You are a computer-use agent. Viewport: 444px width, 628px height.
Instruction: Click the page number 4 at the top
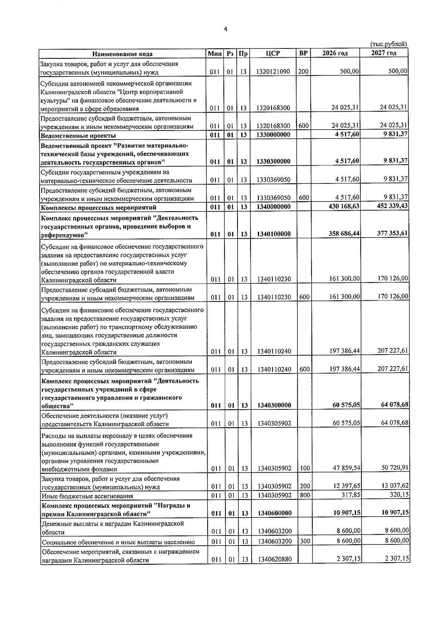point(226,30)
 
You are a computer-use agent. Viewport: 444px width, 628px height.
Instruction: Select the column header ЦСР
point(273,54)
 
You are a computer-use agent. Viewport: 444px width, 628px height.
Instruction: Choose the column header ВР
point(303,53)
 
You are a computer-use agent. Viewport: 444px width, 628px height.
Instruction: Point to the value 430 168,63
point(344,206)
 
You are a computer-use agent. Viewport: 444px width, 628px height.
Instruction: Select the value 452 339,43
point(392,206)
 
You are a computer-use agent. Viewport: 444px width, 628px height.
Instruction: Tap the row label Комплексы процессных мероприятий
point(98,207)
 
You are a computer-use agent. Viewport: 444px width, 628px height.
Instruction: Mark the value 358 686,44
point(344,234)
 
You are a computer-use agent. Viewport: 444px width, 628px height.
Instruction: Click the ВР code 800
point(303,495)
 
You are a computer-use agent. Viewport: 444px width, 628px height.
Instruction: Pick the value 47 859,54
point(346,468)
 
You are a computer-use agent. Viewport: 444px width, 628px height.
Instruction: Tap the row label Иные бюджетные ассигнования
point(87,496)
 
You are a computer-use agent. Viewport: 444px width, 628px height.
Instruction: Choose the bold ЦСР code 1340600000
point(273,513)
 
